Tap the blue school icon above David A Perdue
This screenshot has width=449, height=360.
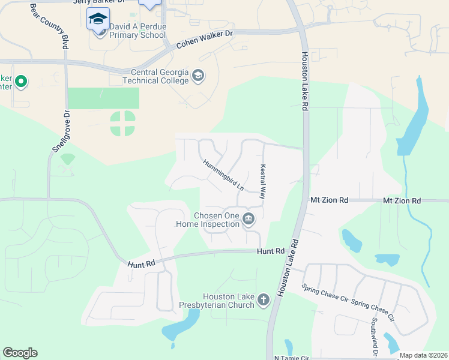[x=98, y=20]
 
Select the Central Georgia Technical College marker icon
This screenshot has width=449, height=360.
[x=199, y=76]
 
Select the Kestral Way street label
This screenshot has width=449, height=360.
[x=262, y=182]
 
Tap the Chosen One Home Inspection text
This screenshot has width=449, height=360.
[x=208, y=220]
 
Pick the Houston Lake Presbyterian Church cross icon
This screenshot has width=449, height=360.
[x=263, y=299]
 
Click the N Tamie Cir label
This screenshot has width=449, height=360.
[x=292, y=358]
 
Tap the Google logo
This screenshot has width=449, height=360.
[x=20, y=353]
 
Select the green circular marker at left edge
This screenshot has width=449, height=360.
[x=21, y=81]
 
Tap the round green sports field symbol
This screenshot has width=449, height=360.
[x=122, y=123]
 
